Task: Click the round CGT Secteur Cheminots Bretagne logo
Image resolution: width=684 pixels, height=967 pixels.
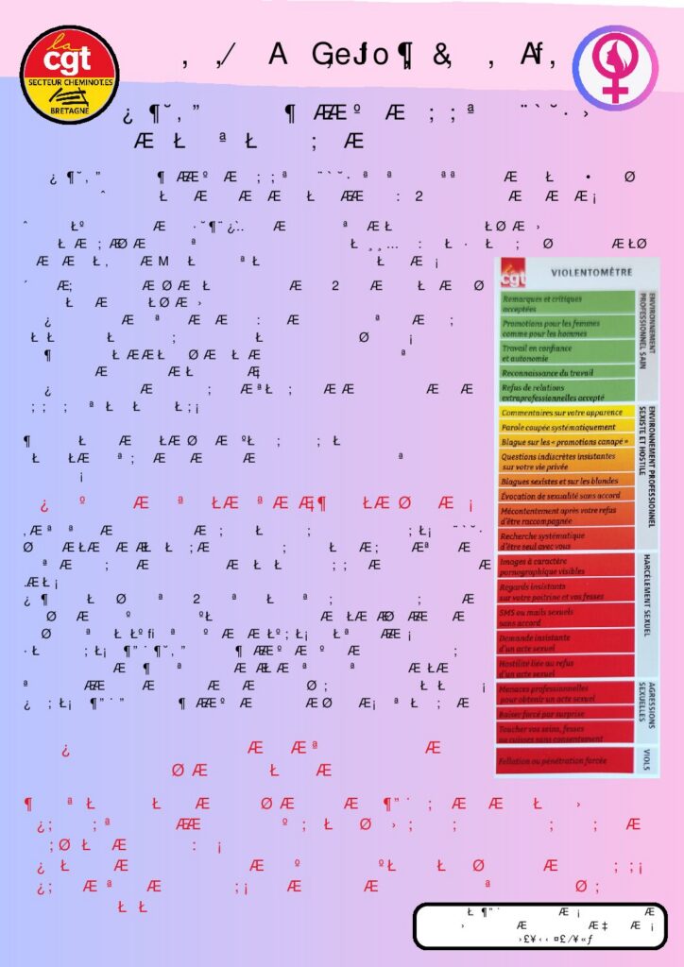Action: [x=69, y=75]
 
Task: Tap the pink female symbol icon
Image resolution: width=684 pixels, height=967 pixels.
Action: [x=617, y=68]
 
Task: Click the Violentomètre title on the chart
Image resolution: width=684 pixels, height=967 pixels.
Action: [x=591, y=272]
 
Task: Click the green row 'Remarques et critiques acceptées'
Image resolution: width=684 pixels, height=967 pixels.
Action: [x=566, y=303]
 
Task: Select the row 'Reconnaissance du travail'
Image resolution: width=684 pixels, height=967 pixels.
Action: [x=566, y=373]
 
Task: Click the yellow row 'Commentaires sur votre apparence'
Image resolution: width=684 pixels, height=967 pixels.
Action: [x=566, y=413]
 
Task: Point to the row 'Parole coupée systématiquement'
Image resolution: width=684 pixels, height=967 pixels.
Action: [x=566, y=427]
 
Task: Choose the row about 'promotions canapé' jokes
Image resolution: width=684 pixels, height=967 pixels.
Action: [x=566, y=441]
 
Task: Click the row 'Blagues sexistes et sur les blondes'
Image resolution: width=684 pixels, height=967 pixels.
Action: [x=566, y=481]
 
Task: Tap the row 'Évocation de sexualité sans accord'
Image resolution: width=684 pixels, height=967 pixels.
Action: [x=566, y=495]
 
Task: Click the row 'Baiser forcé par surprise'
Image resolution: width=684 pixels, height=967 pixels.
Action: [x=566, y=714]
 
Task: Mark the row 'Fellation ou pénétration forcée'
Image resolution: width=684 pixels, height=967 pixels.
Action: [x=566, y=760]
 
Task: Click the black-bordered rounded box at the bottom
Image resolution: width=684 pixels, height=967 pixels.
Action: [x=539, y=925]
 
